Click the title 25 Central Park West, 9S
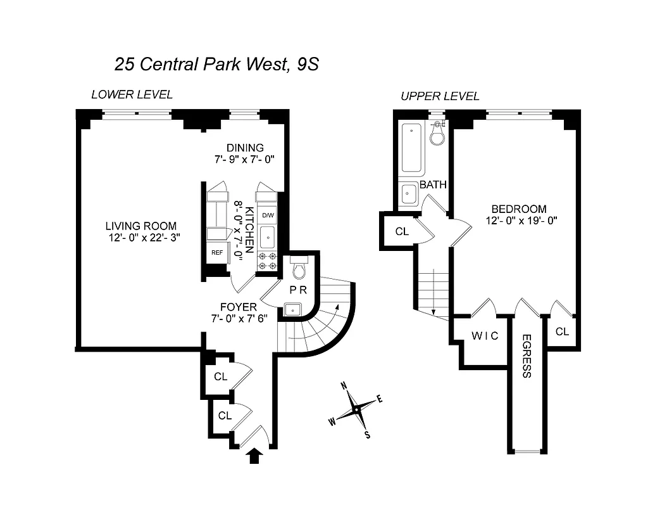[213, 64]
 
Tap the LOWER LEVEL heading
[132, 95]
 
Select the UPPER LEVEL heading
[440, 96]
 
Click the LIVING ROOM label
[141, 226]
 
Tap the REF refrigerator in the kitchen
[217, 252]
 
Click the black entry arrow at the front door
[255, 456]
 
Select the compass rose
[357, 410]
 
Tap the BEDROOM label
[519, 209]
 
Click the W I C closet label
[485, 336]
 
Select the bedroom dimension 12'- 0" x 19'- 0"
[521, 221]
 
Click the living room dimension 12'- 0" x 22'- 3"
[142, 238]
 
